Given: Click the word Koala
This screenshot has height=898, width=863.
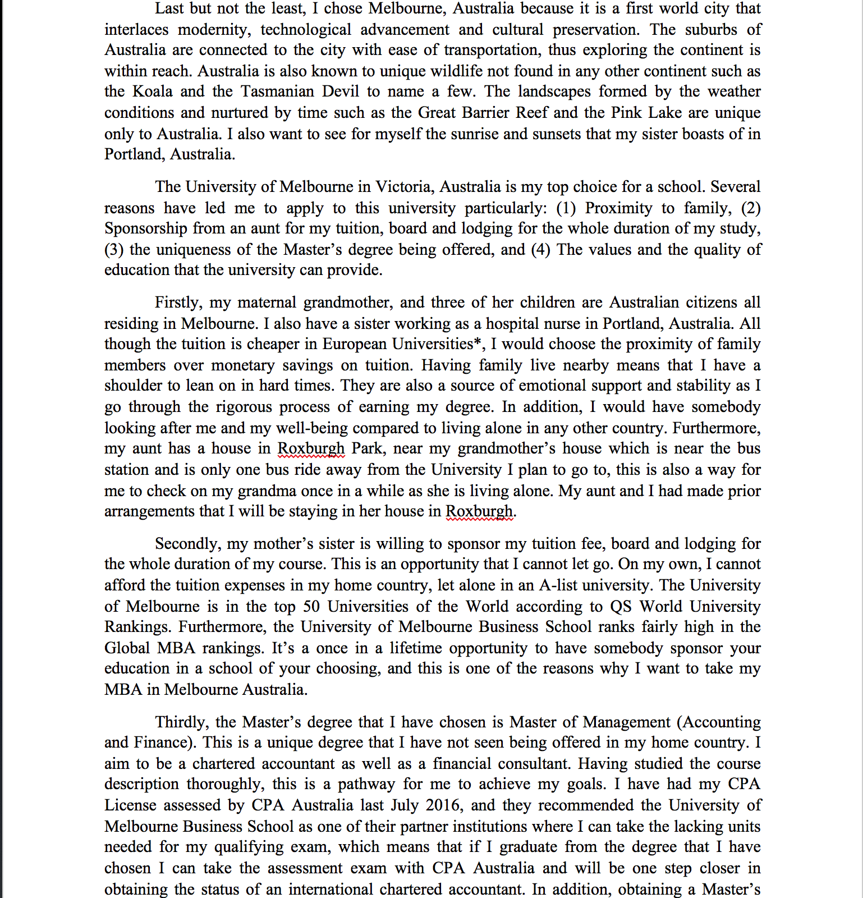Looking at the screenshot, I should pyautogui.click(x=153, y=91).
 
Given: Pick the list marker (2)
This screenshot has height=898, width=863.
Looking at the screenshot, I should pyautogui.click(x=751, y=208).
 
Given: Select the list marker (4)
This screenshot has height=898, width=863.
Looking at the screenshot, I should pyautogui.click(x=540, y=250).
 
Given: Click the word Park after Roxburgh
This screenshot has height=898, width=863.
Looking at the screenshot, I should pyautogui.click(x=368, y=448).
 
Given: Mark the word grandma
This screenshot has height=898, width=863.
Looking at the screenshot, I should pyautogui.click(x=267, y=491).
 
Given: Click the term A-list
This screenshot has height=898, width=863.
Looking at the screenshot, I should pyautogui.click(x=559, y=585).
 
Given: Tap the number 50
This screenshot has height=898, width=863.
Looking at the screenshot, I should pyautogui.click(x=312, y=607).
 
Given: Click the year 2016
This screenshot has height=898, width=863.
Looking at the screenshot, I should pyautogui.click(x=443, y=805).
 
